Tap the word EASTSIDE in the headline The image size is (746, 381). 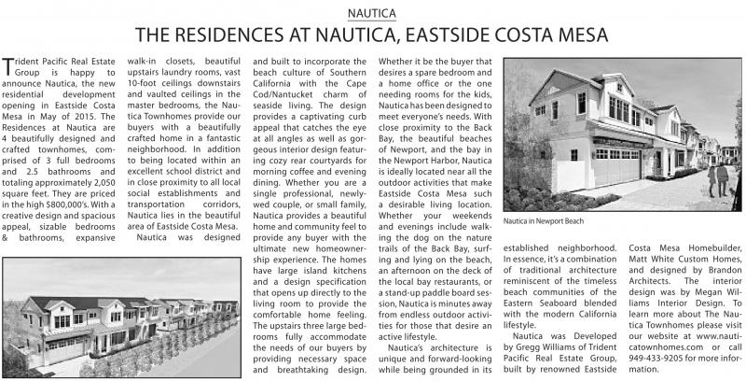point(481,36)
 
